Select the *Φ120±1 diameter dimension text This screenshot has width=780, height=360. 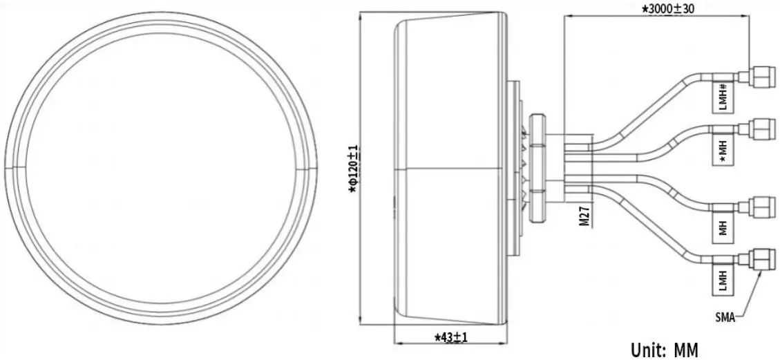tap(352, 169)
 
